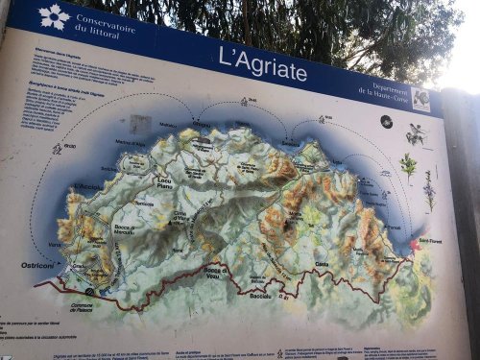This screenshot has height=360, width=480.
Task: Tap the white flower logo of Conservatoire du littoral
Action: click(54, 16)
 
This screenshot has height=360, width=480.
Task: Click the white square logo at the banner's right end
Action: click(420, 100)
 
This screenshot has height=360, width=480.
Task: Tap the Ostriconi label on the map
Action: click(37, 264)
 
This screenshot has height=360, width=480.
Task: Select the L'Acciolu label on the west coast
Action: click(87, 186)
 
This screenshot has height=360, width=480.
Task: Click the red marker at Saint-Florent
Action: click(415, 246)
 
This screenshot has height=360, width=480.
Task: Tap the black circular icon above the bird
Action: click(386, 122)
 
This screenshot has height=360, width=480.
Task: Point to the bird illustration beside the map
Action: click(416, 134)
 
